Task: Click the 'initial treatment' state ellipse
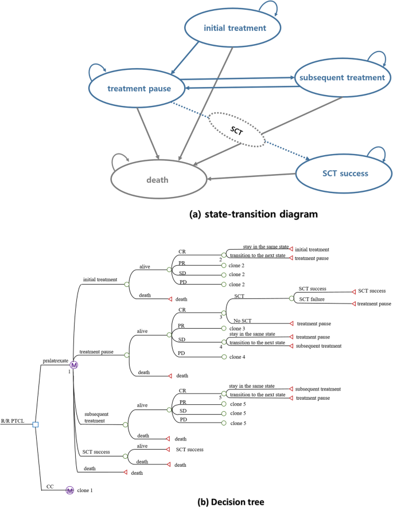point(232,29)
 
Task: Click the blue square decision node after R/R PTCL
point(36,424)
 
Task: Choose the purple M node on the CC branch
point(69,490)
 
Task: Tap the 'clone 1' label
point(88,490)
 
